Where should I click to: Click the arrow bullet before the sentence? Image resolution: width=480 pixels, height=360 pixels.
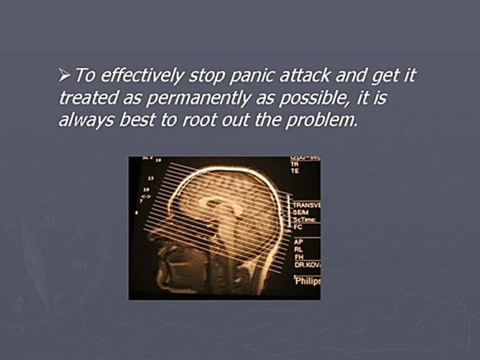pos(65,77)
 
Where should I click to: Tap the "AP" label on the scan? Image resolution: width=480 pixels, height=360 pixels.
pos(298,241)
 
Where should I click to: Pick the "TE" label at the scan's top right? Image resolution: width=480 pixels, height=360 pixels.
pos(295,170)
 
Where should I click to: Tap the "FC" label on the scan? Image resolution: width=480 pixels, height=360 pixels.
pos(297,226)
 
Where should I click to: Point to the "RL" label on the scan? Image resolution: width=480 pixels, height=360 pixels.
pos(298,248)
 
